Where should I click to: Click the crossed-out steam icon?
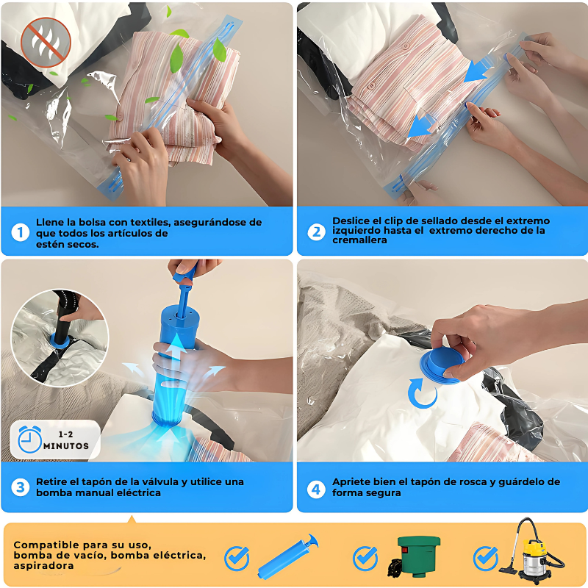click(46, 42)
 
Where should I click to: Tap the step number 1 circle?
click(21, 232)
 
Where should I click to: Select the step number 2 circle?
click(316, 232)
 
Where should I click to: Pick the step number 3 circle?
click(21, 487)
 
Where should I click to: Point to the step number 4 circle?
click(316, 490)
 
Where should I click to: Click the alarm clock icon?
click(29, 440)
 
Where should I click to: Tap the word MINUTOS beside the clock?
click(66, 446)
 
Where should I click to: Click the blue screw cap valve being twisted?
click(442, 365)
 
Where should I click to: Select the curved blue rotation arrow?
click(422, 394)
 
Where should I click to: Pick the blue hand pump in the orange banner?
click(288, 556)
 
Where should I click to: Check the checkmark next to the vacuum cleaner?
click(486, 559)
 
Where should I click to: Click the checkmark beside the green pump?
click(365, 559)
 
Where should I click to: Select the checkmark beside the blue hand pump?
click(237, 559)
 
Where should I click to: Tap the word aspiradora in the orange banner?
click(43, 566)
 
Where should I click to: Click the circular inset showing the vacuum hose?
click(60, 338)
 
